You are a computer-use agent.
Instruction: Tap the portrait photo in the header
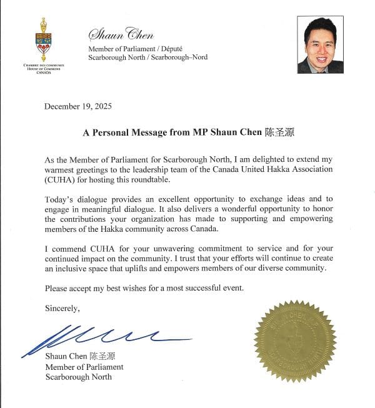coord(320,45)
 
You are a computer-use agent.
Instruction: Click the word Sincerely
coord(62,307)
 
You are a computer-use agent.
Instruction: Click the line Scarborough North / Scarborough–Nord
coord(147,57)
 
